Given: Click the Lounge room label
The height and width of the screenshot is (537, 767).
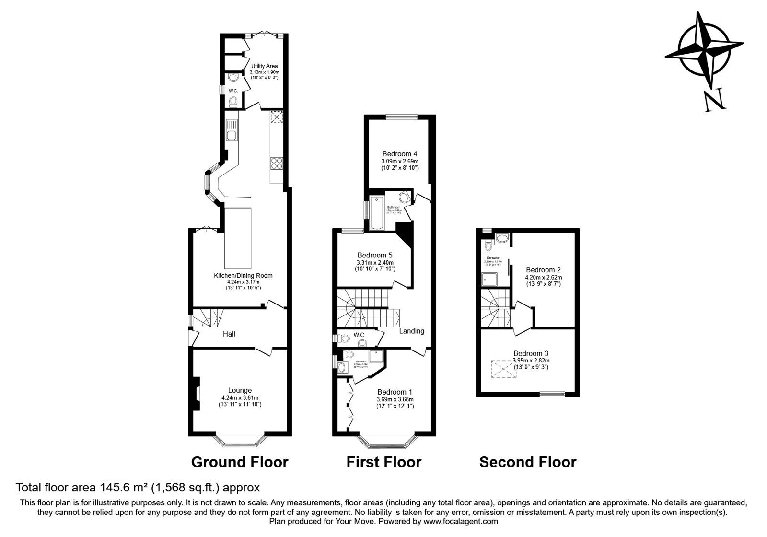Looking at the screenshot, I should tap(240, 390).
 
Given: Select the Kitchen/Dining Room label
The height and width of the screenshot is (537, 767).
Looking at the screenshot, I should tap(243, 275).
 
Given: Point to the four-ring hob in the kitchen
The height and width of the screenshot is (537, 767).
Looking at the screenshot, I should tap(277, 163).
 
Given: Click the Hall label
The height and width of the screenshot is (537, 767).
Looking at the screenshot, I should tap(229, 334).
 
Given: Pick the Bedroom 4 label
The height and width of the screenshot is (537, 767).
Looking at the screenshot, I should tap(399, 154).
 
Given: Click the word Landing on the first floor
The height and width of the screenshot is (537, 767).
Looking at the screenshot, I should tap(412, 331).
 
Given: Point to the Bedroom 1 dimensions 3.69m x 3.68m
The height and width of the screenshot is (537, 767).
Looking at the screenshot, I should tap(395, 399).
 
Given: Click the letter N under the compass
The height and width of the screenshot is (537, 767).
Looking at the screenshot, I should tap(713, 101).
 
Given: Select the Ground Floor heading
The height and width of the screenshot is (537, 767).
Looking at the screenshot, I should tap(240, 462).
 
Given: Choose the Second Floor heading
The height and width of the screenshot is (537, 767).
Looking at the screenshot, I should tap(528, 462).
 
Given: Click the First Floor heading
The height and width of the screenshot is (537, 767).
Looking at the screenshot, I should tap(384, 462).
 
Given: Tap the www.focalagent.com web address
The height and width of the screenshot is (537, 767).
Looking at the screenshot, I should tap(461, 521).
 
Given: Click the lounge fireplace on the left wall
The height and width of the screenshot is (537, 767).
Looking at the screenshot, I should tap(196, 394).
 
